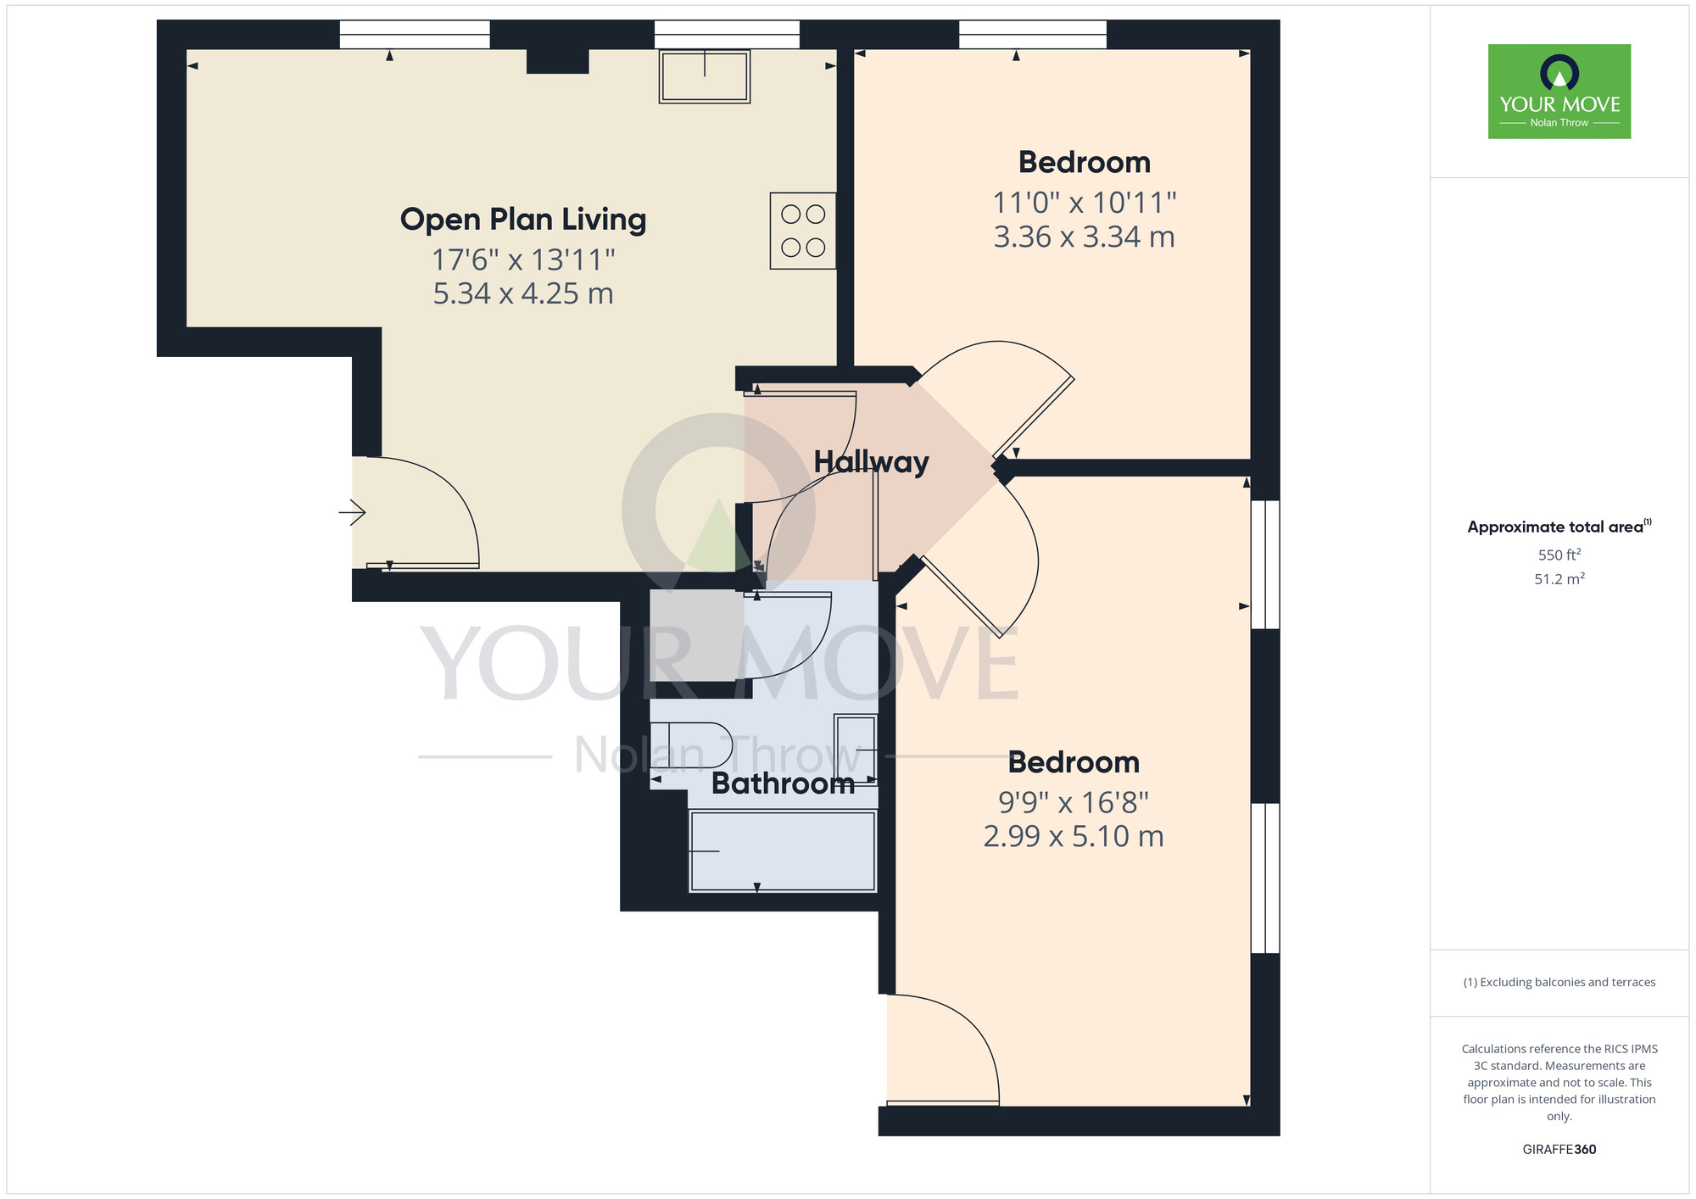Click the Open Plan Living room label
[522, 220]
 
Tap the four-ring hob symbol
[802, 231]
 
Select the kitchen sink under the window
[704, 76]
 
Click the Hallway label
[871, 462]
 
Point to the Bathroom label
[783, 784]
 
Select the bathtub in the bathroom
[783, 850]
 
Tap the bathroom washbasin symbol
[856, 750]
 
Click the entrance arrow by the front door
[352, 512]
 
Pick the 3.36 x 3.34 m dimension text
[1084, 237]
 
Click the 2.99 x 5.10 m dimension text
[1073, 837]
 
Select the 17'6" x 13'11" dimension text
[522, 259]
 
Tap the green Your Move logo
[1559, 92]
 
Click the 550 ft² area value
[1559, 555]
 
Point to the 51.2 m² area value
[1559, 579]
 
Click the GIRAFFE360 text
[1559, 1150]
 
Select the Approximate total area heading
[1559, 527]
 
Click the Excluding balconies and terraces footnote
[1559, 982]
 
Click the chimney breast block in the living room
[557, 61]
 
